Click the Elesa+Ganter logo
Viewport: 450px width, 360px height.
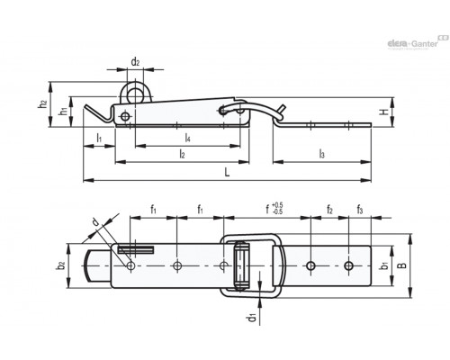click(x=418, y=42)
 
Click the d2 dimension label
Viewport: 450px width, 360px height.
click(x=135, y=62)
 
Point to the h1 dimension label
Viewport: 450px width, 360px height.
click(x=63, y=111)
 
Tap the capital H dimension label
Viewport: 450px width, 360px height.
click(x=384, y=112)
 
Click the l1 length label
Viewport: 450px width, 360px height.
click(x=99, y=138)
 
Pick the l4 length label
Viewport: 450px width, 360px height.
click(x=187, y=138)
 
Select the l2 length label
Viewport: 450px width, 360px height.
click(x=182, y=154)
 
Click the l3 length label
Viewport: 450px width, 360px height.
click(x=322, y=154)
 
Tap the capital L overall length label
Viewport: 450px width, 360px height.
click(x=227, y=172)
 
